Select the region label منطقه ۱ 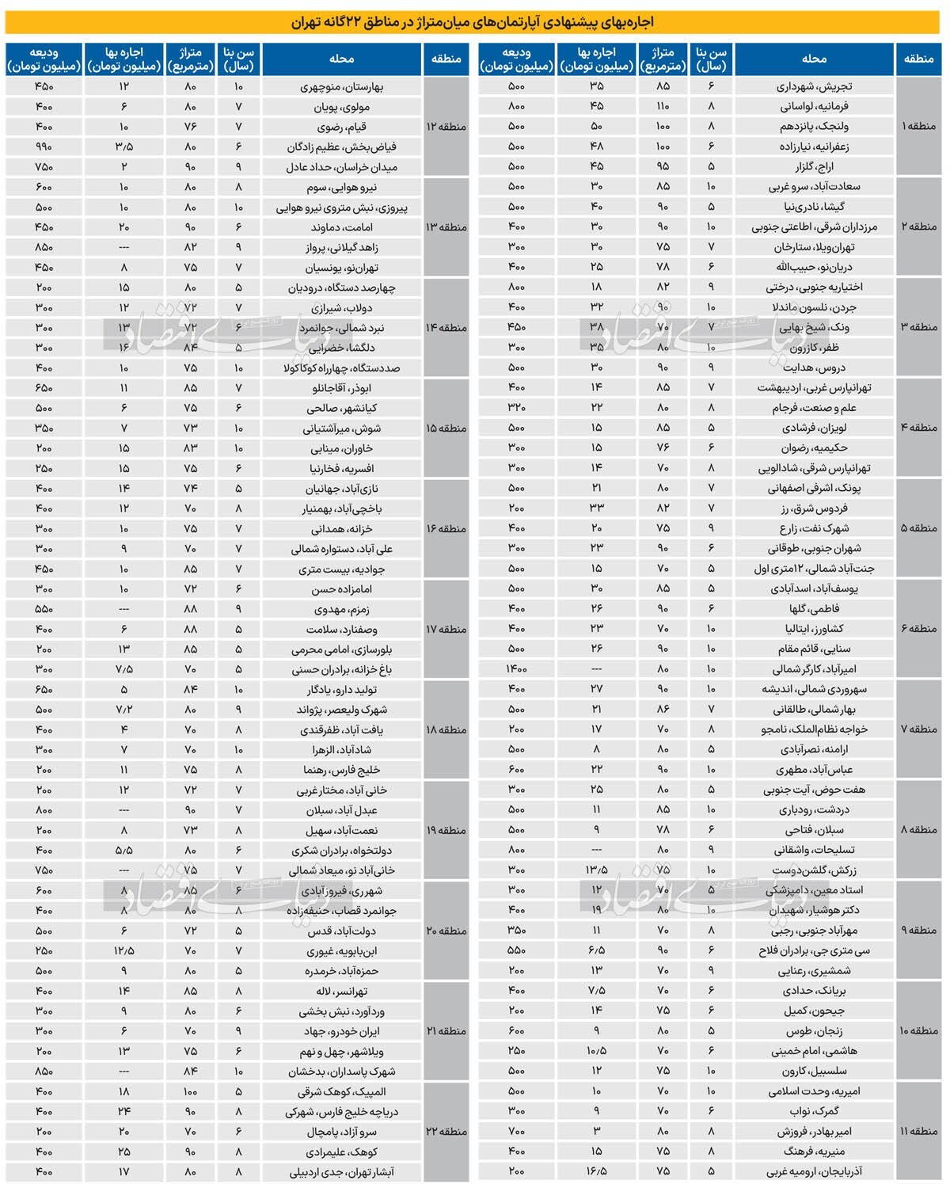(918, 127)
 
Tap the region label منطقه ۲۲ (446, 1132)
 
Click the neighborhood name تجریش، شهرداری (815, 86)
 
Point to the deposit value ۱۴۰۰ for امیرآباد (516, 669)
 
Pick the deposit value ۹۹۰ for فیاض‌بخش (44, 147)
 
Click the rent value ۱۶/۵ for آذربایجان (596, 1171)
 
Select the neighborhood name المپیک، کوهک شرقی (342, 1091)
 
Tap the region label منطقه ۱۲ (446, 127)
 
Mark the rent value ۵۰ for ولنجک (596, 127)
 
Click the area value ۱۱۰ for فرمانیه (663, 106)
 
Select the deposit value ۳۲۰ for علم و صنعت (516, 408)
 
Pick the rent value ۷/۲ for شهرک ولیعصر (123, 710)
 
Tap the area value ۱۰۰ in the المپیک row (190, 1091)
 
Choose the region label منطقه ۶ (918, 629)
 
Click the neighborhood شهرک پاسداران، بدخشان (342, 1072)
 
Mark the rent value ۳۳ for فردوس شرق (596, 508)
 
